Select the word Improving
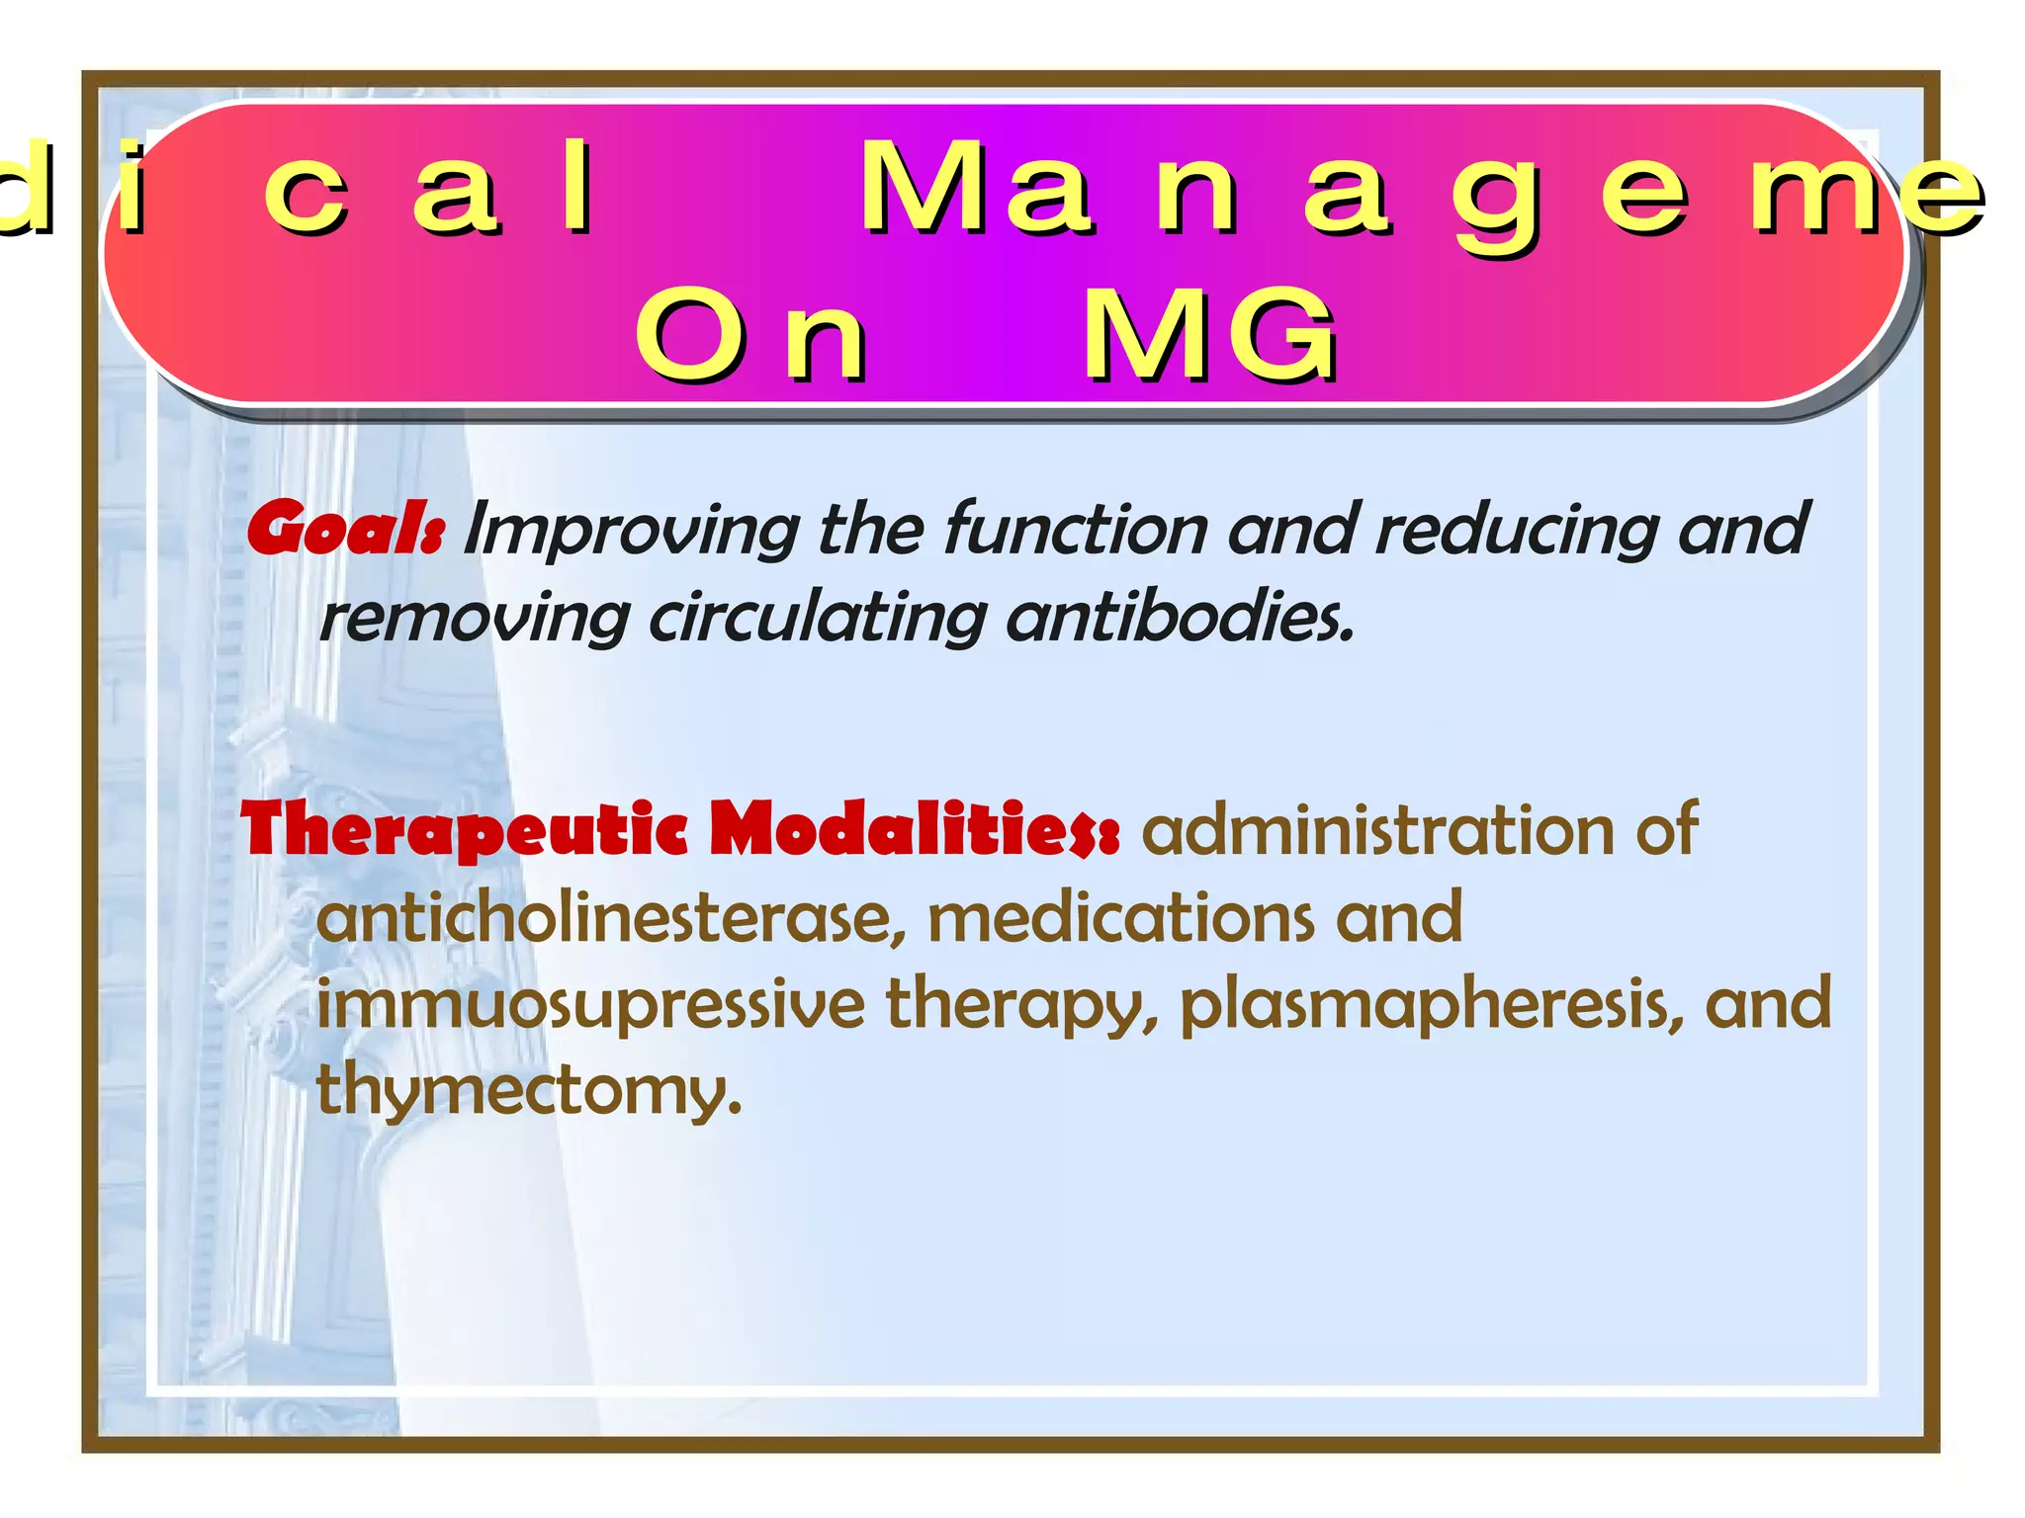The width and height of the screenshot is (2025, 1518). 631,532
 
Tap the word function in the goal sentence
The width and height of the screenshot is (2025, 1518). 1075,530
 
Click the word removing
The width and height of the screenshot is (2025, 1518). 475,619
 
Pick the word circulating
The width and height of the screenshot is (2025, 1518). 817,619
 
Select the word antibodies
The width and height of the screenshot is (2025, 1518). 1179,617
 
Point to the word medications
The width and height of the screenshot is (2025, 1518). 1121,917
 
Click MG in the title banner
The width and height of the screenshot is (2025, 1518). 1210,336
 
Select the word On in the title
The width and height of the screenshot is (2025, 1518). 751,336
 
